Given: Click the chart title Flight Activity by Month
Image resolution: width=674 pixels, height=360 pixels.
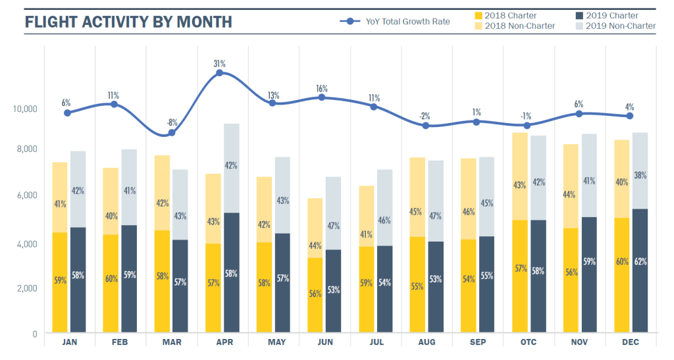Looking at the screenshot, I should [128, 22].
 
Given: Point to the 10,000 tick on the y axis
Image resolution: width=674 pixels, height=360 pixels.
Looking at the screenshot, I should [26, 108].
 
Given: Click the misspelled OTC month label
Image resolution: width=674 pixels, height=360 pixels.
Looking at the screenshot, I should [529, 342].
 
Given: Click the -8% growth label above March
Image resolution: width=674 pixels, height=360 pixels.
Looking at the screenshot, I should [172, 122].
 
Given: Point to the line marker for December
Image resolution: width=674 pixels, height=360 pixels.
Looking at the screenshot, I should [630, 116].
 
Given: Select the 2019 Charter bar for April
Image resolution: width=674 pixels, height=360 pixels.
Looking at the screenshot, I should [230, 273].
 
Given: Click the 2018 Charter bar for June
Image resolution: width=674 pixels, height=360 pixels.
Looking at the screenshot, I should [316, 296].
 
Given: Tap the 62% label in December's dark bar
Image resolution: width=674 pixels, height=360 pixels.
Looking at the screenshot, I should [640, 261].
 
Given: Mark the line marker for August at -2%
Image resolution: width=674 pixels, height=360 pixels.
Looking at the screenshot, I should [426, 125].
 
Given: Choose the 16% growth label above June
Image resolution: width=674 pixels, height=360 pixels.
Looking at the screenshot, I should [322, 88].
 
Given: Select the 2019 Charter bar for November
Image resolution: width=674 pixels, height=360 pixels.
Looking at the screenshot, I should [588, 275].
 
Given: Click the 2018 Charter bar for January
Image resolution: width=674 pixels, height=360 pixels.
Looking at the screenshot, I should [59, 283].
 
